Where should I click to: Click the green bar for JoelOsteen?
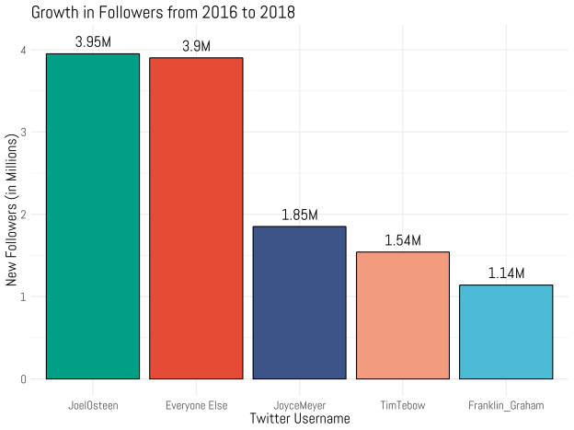[x=93, y=216]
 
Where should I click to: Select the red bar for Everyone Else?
[x=196, y=218]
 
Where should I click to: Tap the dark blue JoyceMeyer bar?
[x=299, y=302]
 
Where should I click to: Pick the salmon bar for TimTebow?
[x=402, y=315]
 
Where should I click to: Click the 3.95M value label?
[x=93, y=42]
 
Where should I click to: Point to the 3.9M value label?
[x=196, y=46]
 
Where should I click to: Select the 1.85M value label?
[x=299, y=215]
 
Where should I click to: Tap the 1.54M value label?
[x=402, y=240]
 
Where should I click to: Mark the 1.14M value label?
[x=505, y=273]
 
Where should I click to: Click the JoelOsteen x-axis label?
[x=93, y=404]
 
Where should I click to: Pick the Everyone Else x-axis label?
[x=196, y=404]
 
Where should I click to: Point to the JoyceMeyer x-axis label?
[x=299, y=404]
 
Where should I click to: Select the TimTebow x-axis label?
[x=402, y=404]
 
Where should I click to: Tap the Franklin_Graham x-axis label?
[x=505, y=404]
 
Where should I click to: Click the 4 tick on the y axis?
[x=24, y=50]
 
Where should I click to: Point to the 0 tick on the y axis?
[x=24, y=378]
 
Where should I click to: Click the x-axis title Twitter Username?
[x=299, y=419]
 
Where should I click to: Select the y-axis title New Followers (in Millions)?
[x=11, y=215]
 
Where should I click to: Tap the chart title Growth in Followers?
[x=163, y=12]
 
